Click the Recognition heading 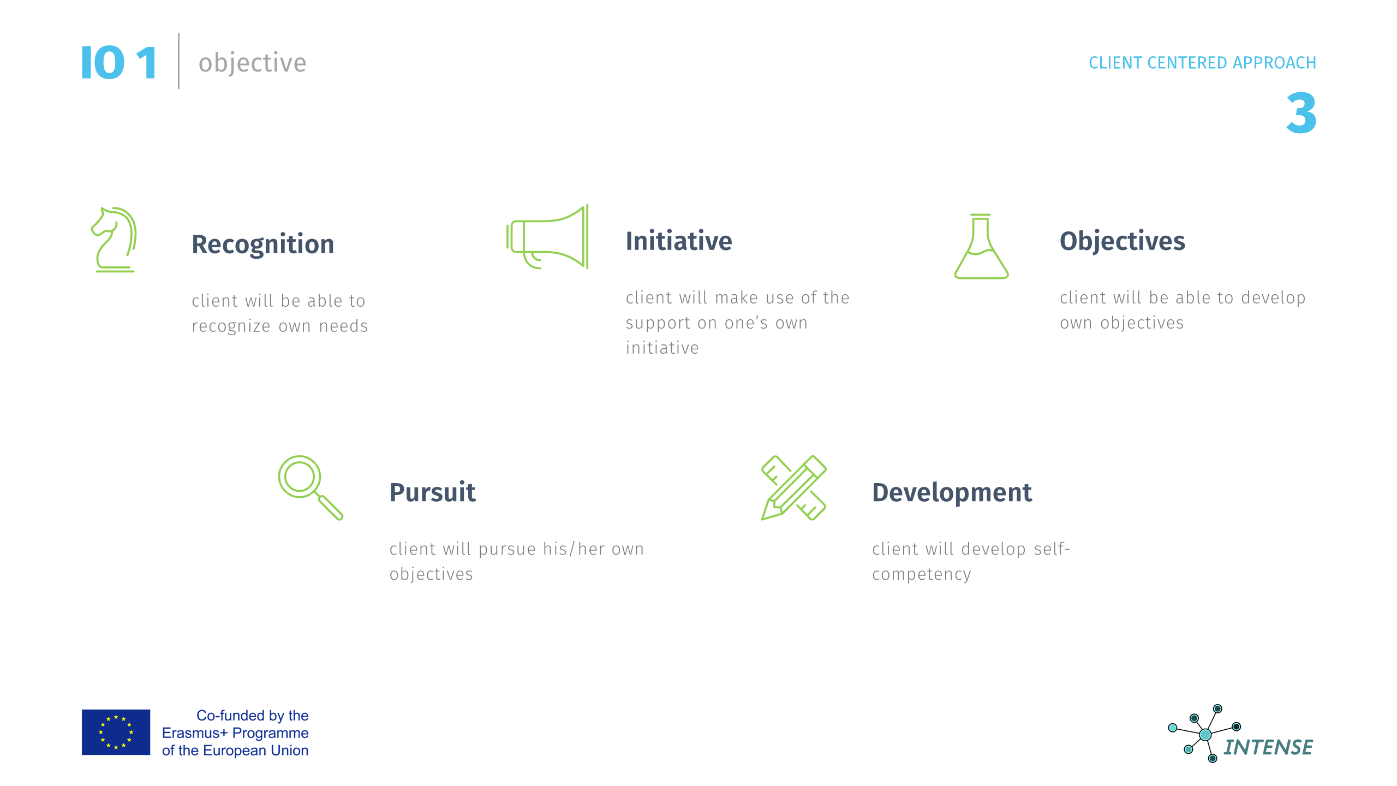262,245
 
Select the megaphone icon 547,237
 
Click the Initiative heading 678,241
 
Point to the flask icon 981,246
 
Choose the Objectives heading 1122,241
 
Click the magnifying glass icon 311,487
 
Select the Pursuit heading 432,492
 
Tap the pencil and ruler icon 793,487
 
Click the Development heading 952,493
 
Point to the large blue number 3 1302,113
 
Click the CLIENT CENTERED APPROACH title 1202,63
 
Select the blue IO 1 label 119,63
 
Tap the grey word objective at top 253,63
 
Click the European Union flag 116,732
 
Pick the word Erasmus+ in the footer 195,733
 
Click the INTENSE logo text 1268,747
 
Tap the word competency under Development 922,575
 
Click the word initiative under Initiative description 662,348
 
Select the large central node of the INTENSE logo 1205,735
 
